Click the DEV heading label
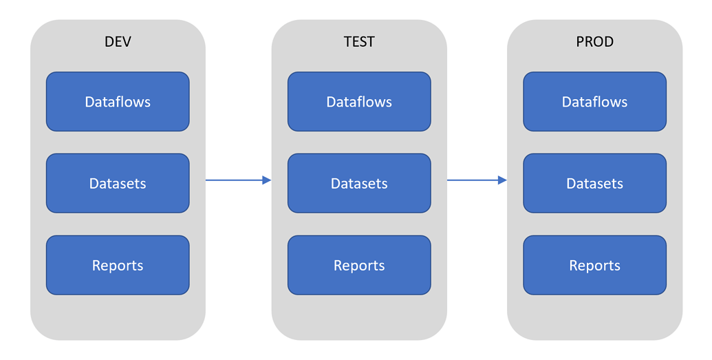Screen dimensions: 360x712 [118, 42]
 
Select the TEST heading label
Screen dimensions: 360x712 [359, 42]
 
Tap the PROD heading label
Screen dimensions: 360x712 [594, 42]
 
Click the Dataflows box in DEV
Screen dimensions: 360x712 [118, 102]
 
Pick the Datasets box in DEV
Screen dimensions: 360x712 [118, 183]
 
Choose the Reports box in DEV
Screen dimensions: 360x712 [118, 265]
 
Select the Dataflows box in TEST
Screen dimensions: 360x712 [359, 102]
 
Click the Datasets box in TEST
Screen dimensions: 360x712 [359, 183]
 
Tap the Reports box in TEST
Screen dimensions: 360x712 [359, 265]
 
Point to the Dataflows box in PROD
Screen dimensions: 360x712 [594, 102]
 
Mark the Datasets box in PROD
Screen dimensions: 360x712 [594, 183]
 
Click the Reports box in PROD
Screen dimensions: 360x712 [594, 265]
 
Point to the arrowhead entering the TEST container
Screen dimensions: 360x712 [266, 180]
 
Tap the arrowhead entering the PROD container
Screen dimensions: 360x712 [502, 180]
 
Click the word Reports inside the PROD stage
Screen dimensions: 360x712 [594, 266]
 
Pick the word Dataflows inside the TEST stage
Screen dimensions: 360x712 [359, 102]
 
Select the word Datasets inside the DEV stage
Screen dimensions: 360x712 [118, 184]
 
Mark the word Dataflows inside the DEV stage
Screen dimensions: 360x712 [118, 102]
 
